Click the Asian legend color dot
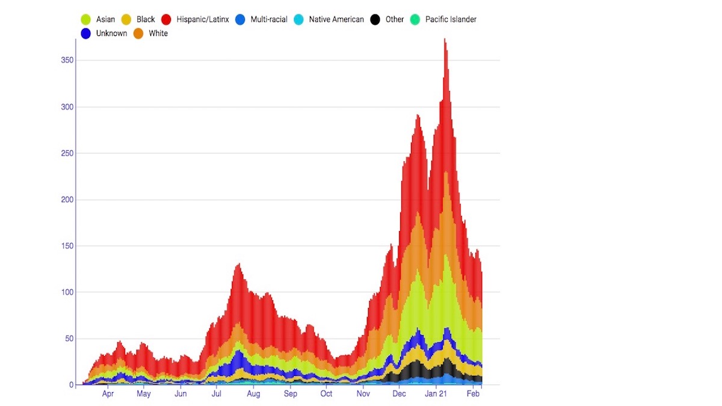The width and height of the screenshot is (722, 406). [86, 20]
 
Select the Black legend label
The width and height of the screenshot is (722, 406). [146, 20]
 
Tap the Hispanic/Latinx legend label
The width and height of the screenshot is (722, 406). [203, 20]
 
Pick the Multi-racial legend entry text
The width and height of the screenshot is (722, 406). [269, 20]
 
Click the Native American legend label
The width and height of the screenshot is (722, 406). [336, 20]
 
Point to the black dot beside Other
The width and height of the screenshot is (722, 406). [375, 20]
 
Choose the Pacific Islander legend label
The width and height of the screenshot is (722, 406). [451, 20]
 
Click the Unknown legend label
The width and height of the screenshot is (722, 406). [111, 34]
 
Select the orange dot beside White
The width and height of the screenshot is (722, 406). [138, 34]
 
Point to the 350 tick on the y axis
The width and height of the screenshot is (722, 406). [66, 61]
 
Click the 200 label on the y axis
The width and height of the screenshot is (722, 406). [66, 200]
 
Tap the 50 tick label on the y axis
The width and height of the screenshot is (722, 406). [68, 339]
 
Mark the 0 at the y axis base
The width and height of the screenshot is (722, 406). [70, 385]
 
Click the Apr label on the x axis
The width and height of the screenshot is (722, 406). [108, 395]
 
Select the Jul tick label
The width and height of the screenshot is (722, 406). [217, 395]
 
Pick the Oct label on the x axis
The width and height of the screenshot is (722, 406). [326, 395]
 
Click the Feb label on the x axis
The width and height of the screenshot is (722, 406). [474, 395]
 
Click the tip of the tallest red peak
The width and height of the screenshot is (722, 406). [445, 40]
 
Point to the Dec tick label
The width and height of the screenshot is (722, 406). [399, 395]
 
